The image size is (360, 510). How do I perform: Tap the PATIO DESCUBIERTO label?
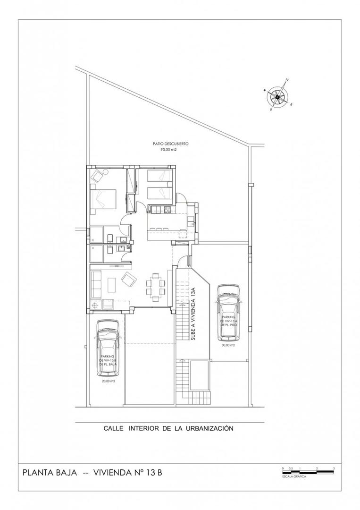171,144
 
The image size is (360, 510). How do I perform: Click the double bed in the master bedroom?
105,199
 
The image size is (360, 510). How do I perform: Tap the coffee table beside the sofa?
112,285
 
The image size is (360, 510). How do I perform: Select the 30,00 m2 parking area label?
228,345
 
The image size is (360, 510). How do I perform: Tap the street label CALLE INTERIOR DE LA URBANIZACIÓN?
169,428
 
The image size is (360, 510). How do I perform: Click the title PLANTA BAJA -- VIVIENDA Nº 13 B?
92,472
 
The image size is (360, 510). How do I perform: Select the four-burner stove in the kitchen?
167,209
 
